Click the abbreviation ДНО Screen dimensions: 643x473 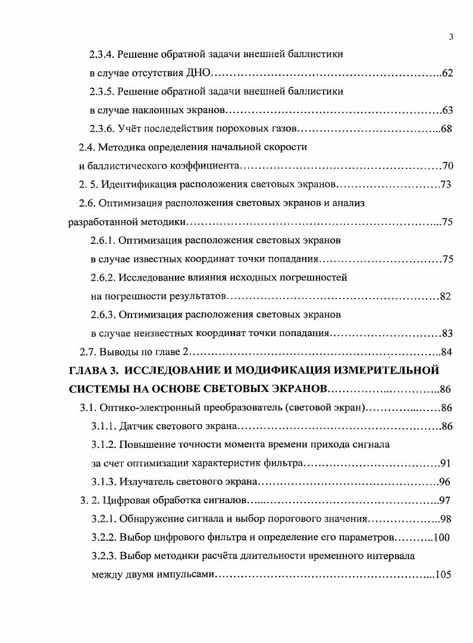[198, 74]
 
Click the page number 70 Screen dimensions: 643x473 [448, 166]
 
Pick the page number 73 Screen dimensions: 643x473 [446, 184]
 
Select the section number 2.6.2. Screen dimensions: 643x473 [103, 278]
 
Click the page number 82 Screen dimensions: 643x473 [446, 296]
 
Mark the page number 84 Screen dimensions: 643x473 [447, 352]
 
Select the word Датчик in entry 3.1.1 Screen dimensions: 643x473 [137, 426]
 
